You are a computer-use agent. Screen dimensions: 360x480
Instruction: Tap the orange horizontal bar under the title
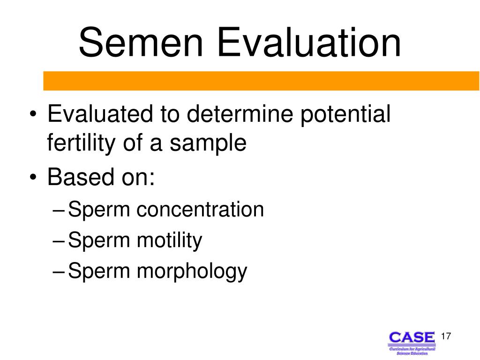(262, 81)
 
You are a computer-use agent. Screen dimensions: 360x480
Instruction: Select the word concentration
(200, 210)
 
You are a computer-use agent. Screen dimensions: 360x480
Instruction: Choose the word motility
(169, 241)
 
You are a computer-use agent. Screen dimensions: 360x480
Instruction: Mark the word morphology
(191, 272)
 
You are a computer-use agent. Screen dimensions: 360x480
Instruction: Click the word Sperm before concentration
(99, 210)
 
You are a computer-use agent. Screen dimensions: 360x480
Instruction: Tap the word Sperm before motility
(99, 241)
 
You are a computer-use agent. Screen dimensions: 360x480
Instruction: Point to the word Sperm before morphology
(99, 272)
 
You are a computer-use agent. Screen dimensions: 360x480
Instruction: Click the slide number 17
(445, 337)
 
